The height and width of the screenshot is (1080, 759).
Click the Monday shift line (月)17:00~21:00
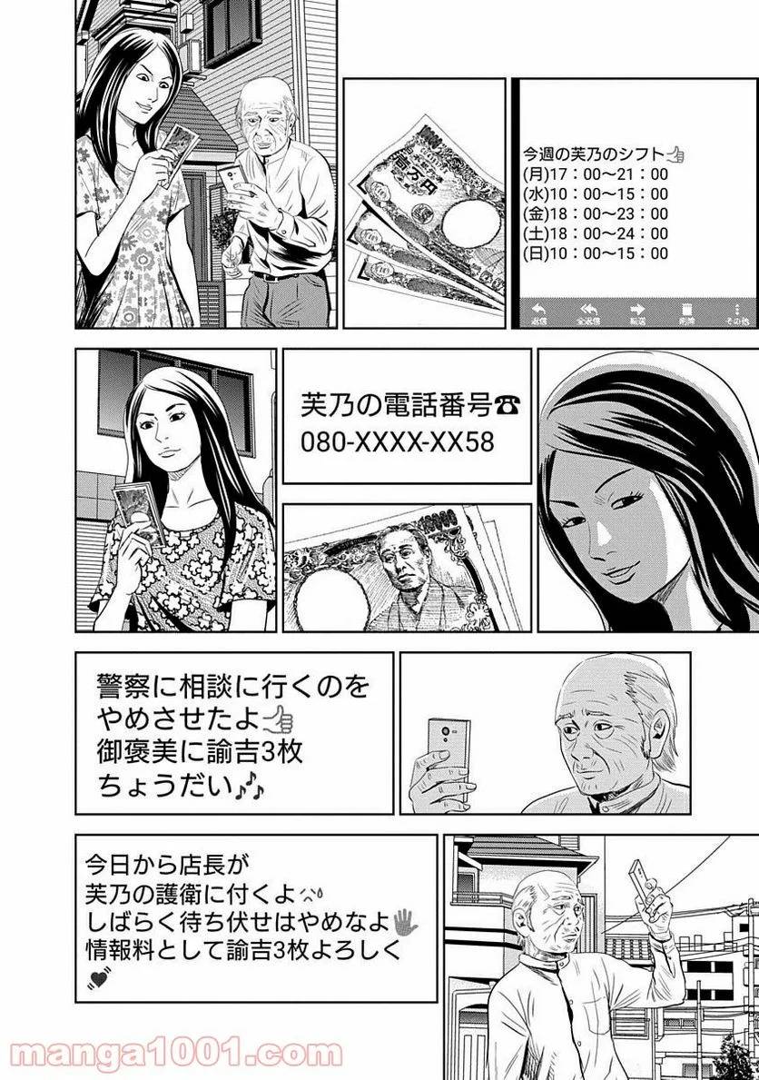[x=596, y=173]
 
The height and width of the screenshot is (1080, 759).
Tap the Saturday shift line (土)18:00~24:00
[x=596, y=233]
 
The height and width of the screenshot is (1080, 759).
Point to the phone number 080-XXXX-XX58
[x=398, y=441]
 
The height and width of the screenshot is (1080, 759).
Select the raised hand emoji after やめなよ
[x=404, y=923]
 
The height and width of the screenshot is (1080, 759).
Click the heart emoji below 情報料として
[x=94, y=978]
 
